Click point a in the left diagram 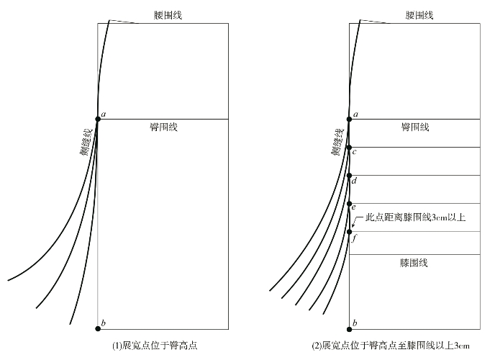[x=98, y=119]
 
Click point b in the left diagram [x=98, y=328]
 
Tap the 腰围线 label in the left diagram [x=168, y=14]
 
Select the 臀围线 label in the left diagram [x=163, y=127]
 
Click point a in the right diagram [x=349, y=119]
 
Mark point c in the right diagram [x=349, y=147]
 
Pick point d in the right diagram [x=349, y=175]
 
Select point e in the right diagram [x=349, y=203]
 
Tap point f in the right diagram [x=349, y=231]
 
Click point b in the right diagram [x=349, y=328]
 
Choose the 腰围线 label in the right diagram [x=419, y=14]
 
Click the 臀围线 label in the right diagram [x=415, y=127]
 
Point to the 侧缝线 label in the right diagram [x=337, y=141]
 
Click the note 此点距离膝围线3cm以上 [x=416, y=217]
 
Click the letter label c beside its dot [x=355, y=152]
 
